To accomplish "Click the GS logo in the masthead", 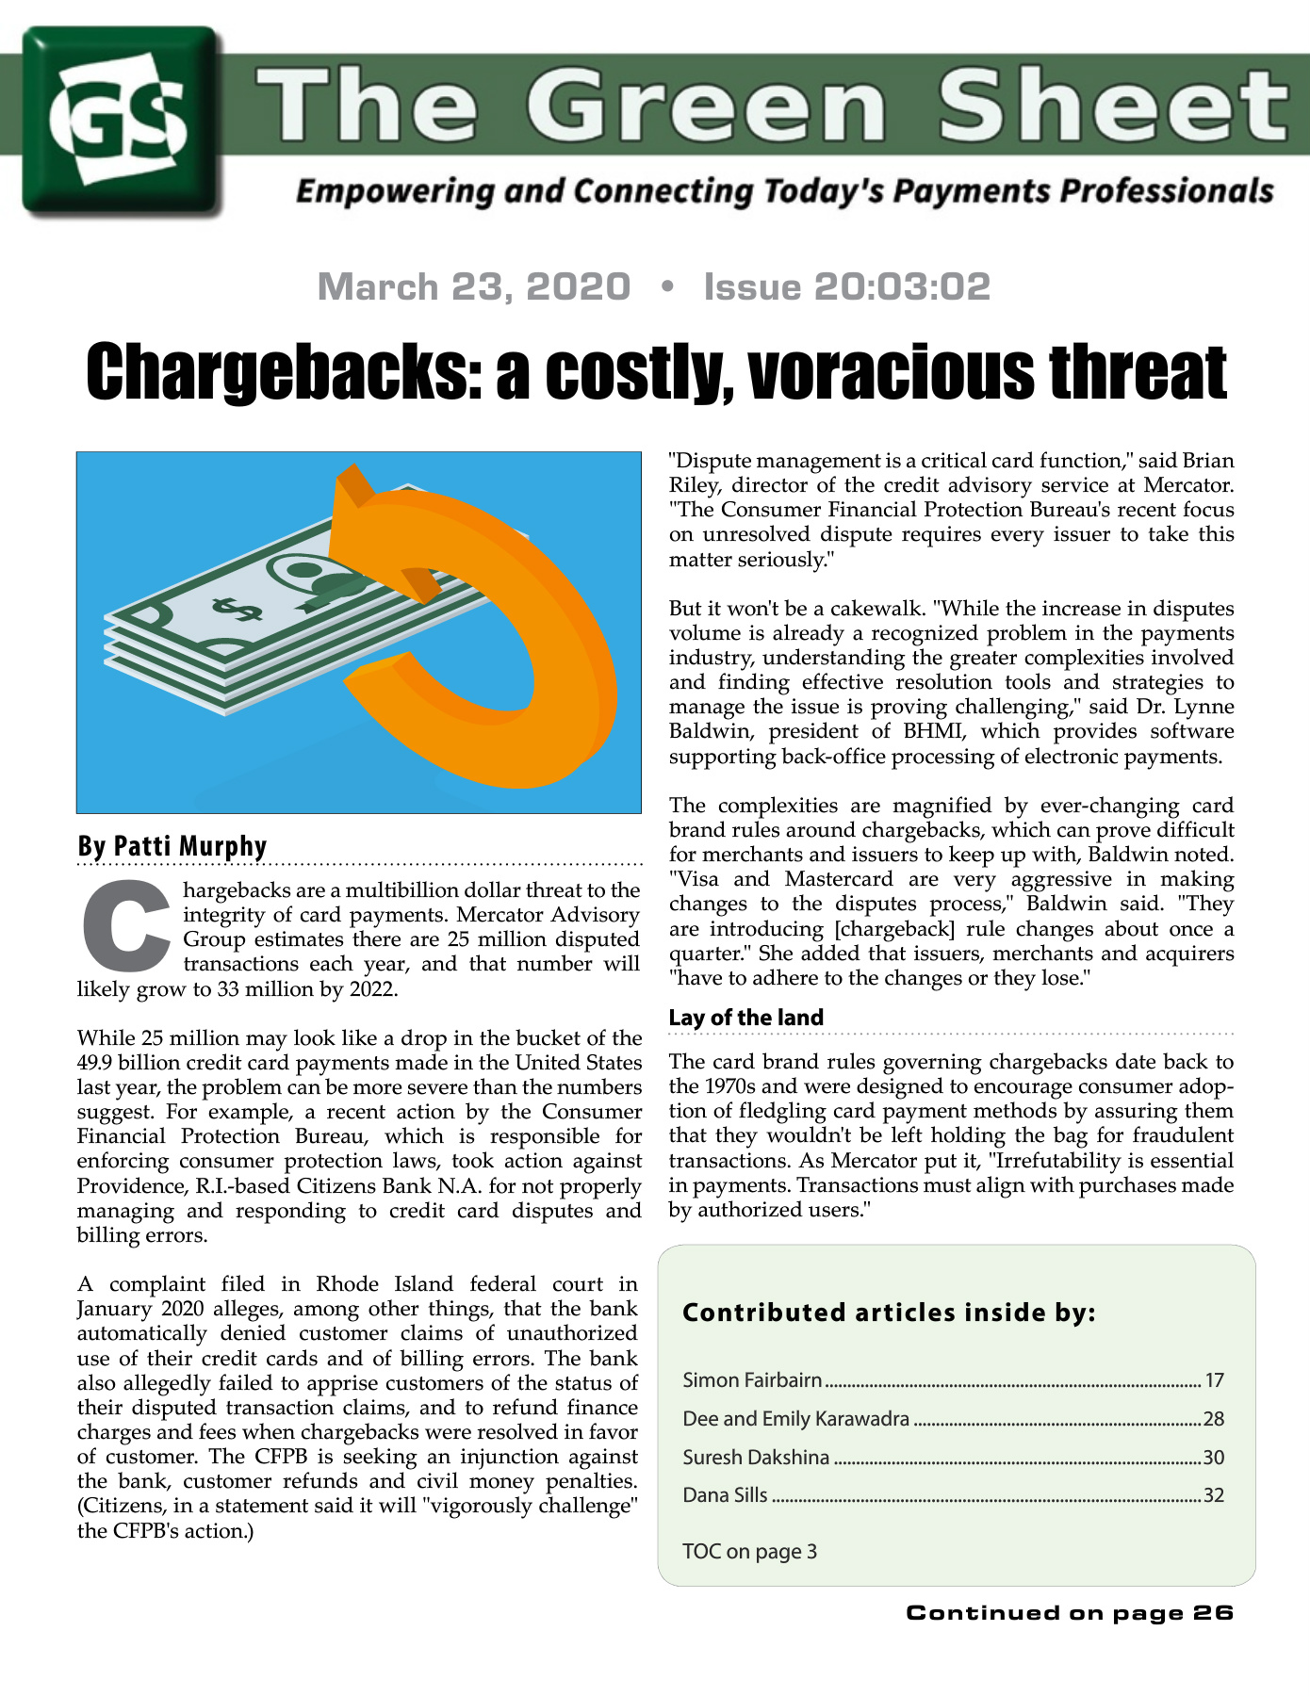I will pos(123,121).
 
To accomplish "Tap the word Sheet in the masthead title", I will pos(1112,106).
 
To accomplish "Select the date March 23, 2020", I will pos(474,286).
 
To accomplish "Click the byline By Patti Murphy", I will pos(172,845).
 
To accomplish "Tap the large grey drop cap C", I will pos(125,928).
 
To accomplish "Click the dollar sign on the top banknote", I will pos(236,608).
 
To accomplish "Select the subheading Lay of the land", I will pos(746,1018).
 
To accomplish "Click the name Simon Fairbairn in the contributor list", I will pos(752,1380).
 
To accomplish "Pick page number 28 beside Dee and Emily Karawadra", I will pos(1213,1419).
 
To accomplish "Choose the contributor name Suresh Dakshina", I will pos(756,1458).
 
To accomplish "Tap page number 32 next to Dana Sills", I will pos(1213,1495).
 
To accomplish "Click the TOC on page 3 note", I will pos(749,1551).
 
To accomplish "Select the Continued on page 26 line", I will pos(1070,1613).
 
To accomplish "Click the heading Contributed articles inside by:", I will pos(889,1313).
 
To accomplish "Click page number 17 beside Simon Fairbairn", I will pos(1214,1380).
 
